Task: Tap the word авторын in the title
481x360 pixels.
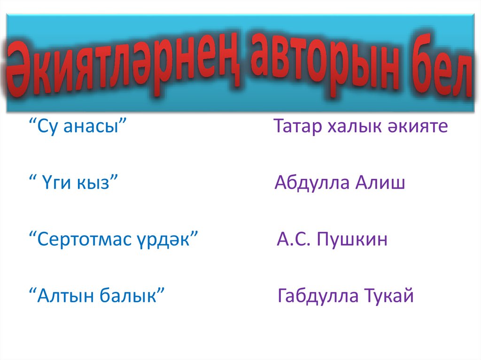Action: [x=328, y=66]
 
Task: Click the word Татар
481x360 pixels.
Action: [x=297, y=127]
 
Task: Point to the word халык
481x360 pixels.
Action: [x=355, y=127]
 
